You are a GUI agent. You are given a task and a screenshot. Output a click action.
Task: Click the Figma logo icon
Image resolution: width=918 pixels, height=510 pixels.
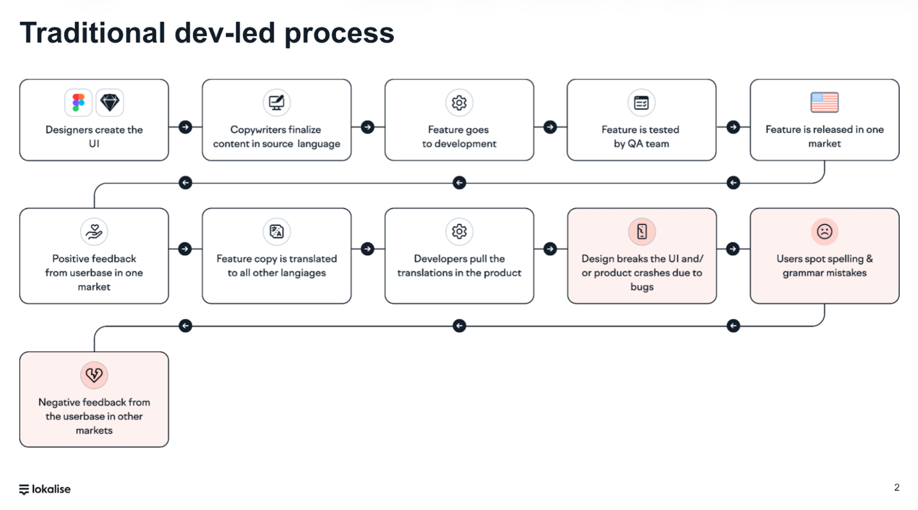pos(79,102)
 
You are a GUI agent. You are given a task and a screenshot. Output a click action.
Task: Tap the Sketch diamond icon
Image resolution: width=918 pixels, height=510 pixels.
pos(110,102)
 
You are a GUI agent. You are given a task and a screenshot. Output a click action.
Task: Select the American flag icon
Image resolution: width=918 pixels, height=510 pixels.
pos(824,102)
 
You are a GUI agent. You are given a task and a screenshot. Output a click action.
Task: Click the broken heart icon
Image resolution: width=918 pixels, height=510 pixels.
pos(94,375)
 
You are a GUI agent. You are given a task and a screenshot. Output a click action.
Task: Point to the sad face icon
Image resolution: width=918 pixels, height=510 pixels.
pos(824,232)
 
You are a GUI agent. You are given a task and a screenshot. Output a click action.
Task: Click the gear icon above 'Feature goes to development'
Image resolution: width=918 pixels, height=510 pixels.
pos(459,102)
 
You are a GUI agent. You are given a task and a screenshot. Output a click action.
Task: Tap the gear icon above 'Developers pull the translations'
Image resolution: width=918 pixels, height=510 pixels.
pos(459,232)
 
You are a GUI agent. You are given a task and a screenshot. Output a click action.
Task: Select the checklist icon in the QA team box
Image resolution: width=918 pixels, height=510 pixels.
pos(641,102)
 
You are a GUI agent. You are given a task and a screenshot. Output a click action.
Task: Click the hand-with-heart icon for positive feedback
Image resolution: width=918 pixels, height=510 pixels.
pos(94,232)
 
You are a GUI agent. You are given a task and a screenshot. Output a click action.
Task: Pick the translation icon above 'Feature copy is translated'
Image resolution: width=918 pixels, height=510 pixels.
pos(276,232)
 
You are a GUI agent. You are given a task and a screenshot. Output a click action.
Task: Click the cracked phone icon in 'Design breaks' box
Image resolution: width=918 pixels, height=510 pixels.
pos(642,232)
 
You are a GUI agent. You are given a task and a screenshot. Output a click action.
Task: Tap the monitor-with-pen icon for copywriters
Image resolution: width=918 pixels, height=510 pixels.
pos(276,102)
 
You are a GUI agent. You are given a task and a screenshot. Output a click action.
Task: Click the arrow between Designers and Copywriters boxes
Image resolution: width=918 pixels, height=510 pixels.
pos(185,127)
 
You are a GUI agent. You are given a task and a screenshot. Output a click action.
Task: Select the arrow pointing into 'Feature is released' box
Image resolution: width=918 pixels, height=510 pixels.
pos(733,127)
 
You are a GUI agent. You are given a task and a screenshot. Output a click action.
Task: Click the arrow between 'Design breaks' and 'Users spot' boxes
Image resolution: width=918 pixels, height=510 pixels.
pos(733,249)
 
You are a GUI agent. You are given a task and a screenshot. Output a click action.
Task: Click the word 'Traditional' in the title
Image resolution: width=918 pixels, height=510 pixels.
pos(92,33)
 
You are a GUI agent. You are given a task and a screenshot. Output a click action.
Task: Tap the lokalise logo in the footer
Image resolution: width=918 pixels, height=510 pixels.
pos(45,489)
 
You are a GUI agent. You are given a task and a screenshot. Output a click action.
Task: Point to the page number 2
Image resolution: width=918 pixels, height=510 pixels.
pos(896,487)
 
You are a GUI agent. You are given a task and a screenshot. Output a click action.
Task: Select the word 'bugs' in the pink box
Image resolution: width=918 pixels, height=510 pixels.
pos(642,287)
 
